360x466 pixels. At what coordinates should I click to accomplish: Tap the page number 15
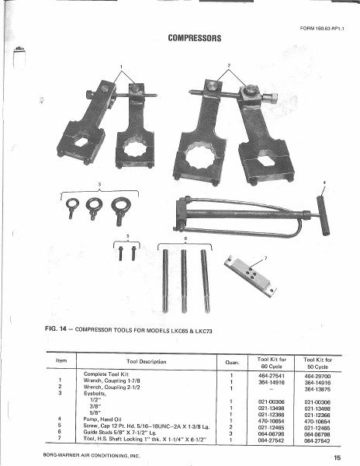pyautogui.click(x=337, y=457)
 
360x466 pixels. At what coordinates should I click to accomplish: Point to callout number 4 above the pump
pyautogui.click(x=324, y=183)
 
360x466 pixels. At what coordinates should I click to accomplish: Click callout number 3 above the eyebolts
pyautogui.click(x=99, y=183)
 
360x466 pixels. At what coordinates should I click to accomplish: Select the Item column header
pyautogui.click(x=60, y=359)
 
